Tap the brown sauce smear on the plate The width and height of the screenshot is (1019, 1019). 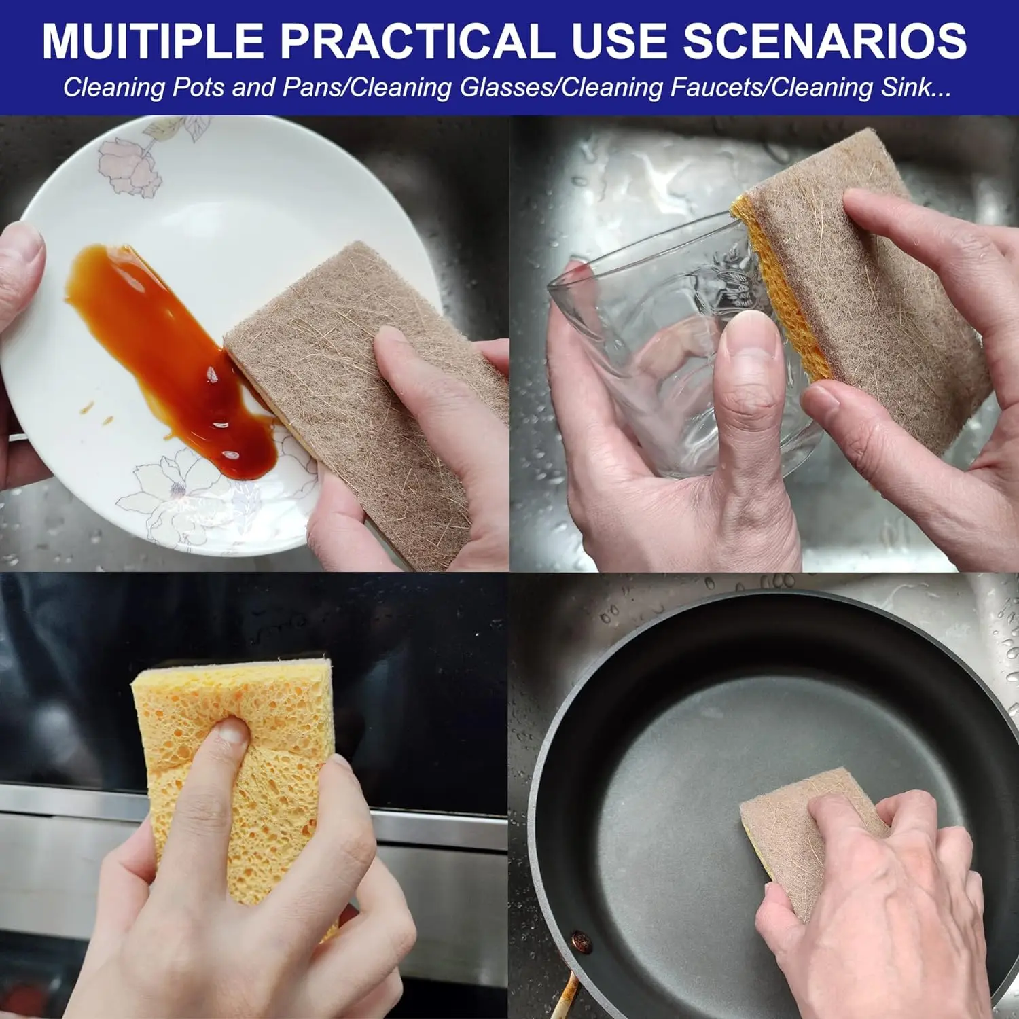[x=170, y=353]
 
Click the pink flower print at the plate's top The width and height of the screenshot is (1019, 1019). [x=129, y=166]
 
